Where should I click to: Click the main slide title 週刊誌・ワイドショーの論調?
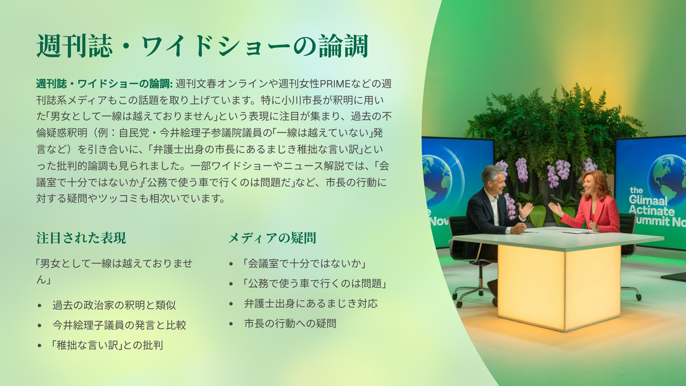202,46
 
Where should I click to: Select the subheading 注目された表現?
81,238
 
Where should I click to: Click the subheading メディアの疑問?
272,238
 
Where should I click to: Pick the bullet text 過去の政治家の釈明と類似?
114,305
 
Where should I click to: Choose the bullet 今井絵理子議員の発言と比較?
119,325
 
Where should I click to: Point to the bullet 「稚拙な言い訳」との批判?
106,345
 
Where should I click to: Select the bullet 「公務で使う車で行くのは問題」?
314,284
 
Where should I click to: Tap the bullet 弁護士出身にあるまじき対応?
310,303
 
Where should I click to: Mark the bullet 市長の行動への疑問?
290,323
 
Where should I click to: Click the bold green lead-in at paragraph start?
105,83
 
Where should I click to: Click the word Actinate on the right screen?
651,211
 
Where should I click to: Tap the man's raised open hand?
525,211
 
